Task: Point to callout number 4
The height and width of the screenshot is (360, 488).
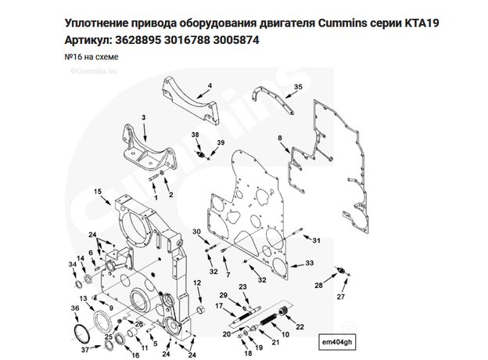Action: tap(210, 85)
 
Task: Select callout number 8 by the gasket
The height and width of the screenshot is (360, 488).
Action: tap(279, 139)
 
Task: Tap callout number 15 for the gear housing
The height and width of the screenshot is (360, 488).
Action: tap(97, 191)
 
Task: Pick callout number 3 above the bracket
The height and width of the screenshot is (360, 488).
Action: tap(143, 117)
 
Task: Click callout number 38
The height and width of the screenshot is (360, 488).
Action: tap(196, 135)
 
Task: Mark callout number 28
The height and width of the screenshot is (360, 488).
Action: tap(318, 286)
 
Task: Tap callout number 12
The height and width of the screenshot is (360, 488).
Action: tap(198, 283)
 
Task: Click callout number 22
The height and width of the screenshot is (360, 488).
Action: tap(301, 326)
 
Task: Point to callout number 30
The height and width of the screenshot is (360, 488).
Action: tap(197, 232)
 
